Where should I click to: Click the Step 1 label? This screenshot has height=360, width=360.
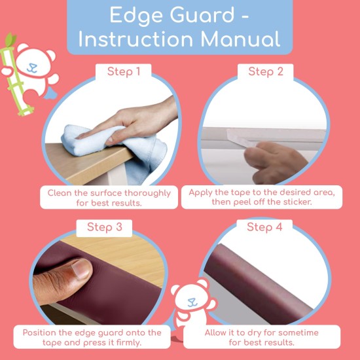124,71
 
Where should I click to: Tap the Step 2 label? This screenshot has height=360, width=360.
265,71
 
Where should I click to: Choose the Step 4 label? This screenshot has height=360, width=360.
264,227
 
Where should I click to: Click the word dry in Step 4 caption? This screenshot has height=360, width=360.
244,332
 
